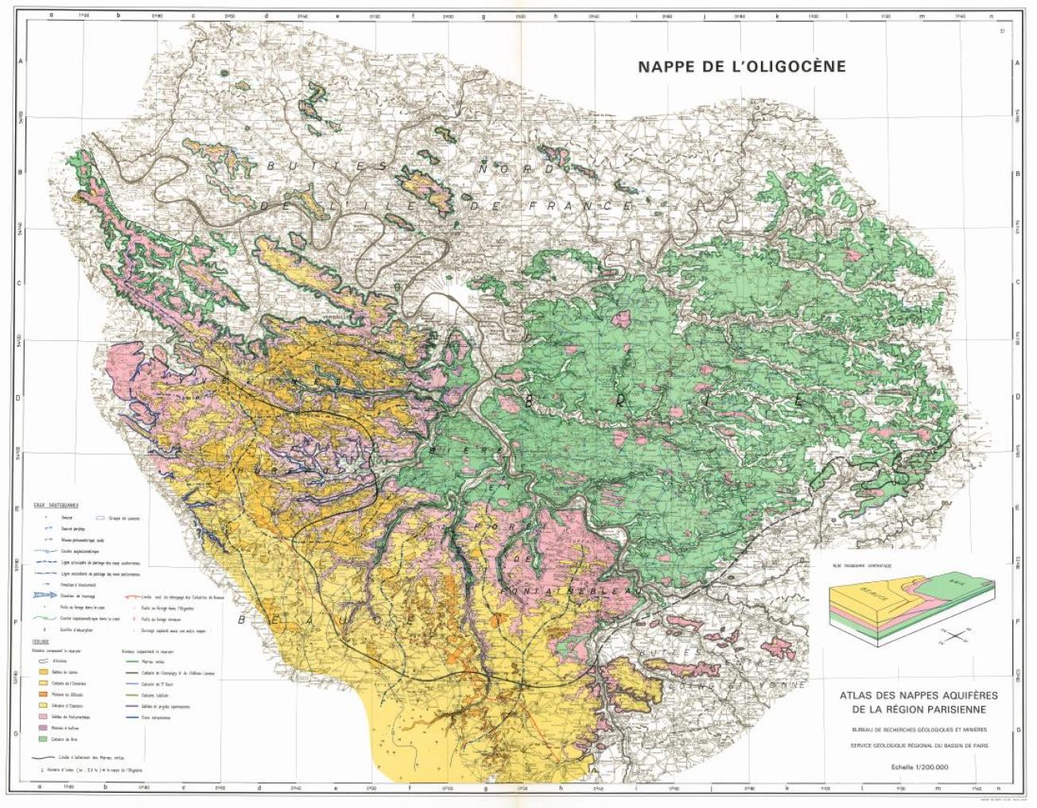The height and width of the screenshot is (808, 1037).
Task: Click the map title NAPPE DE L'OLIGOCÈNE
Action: click(x=741, y=67)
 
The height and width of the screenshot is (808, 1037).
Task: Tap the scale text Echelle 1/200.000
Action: click(x=919, y=767)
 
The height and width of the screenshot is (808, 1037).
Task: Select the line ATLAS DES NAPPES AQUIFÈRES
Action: click(x=919, y=695)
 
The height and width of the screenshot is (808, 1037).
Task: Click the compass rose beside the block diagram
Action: click(x=958, y=634)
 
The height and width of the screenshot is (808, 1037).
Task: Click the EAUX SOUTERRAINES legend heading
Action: click(x=49, y=505)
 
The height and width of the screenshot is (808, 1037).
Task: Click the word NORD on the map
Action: click(x=517, y=169)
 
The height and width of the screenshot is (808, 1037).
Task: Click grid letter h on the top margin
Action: click(x=557, y=15)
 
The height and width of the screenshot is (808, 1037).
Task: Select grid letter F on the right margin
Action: click(x=1019, y=621)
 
